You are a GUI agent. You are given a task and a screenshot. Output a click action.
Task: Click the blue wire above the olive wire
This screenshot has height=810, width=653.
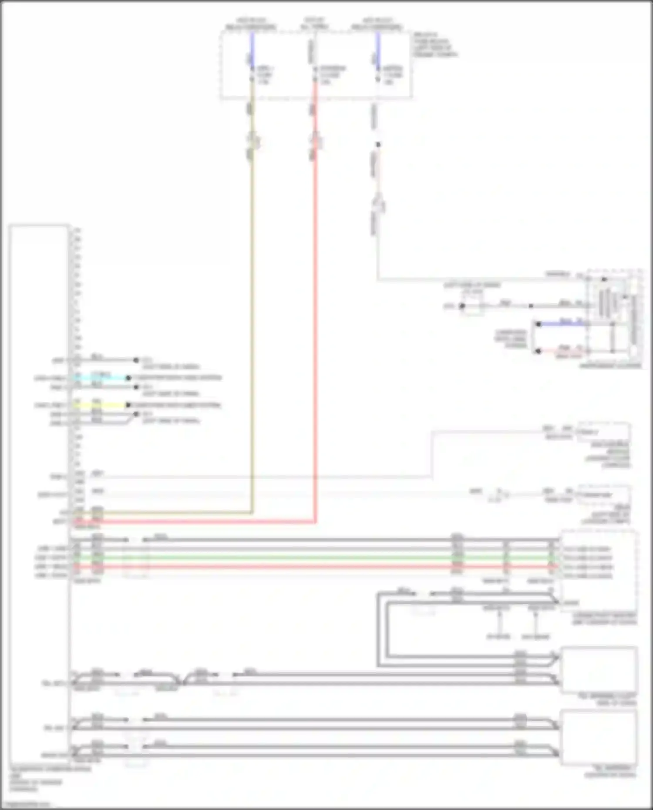tap(252, 48)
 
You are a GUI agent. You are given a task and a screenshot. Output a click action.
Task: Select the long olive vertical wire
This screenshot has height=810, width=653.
tap(252, 305)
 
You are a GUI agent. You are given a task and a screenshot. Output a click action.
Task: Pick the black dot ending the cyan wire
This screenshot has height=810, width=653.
tap(128, 378)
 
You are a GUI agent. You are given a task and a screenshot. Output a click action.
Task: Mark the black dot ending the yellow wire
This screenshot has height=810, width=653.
tap(128, 405)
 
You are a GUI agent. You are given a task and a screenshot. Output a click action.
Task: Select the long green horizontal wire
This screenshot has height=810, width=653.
tap(305, 558)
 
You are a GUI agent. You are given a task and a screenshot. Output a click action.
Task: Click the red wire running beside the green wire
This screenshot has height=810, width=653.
tap(305, 567)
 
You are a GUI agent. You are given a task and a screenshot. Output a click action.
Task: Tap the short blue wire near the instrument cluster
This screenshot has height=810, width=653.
tap(562, 324)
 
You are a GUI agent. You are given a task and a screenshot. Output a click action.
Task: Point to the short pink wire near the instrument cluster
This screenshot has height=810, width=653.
tap(562, 351)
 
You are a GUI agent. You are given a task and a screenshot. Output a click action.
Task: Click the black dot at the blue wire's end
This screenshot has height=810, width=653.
tap(539, 324)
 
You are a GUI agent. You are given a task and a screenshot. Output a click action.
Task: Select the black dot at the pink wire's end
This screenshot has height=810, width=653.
tap(539, 351)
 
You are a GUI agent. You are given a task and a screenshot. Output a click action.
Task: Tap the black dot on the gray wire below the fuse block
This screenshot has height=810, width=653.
tap(378, 145)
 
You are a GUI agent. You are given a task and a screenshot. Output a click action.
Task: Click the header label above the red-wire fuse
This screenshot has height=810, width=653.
tap(314, 24)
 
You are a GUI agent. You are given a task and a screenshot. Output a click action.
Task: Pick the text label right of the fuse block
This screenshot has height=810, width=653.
tap(434, 44)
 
